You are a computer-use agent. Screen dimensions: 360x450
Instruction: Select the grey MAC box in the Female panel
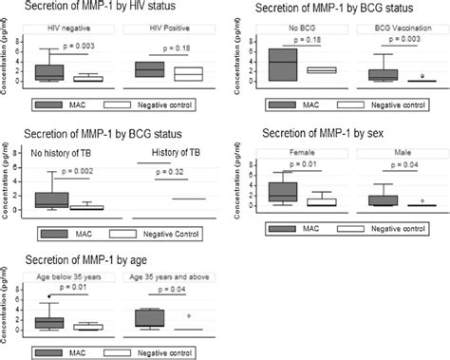pyautogui.click(x=283, y=191)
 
